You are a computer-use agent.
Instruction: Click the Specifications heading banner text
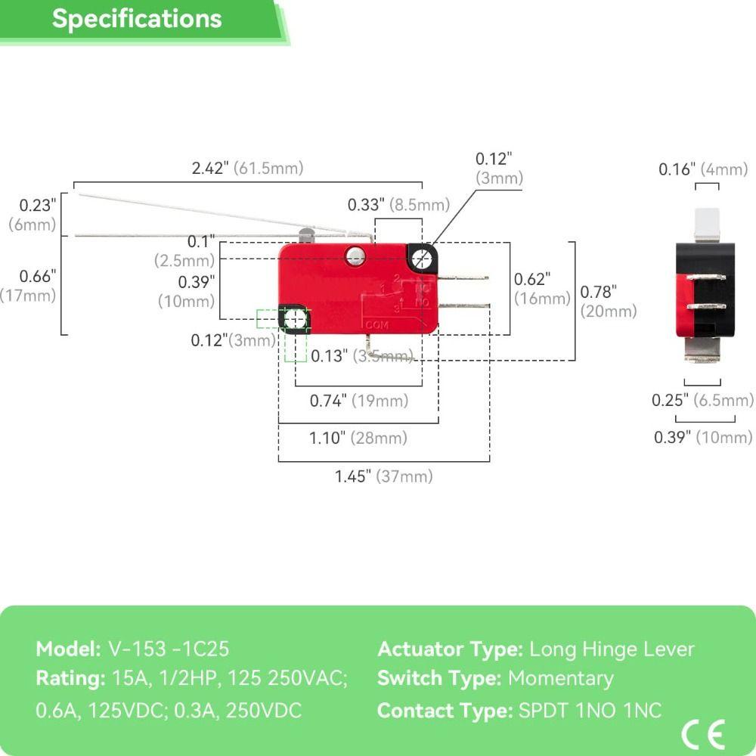[x=137, y=20]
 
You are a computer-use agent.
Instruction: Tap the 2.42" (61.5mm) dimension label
[x=247, y=168]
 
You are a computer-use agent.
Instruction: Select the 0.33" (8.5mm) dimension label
[x=398, y=204]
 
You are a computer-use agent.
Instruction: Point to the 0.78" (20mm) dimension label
[x=609, y=302]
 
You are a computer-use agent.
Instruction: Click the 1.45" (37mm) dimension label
[x=384, y=476]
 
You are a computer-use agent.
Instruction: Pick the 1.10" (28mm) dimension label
[x=358, y=438]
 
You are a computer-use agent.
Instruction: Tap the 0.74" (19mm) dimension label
[x=359, y=400]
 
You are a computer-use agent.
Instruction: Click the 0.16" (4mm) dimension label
[x=703, y=169]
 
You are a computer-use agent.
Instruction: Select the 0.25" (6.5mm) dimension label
[x=702, y=400]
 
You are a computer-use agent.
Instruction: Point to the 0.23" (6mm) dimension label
[x=33, y=215]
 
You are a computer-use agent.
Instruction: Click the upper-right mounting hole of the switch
[x=423, y=259]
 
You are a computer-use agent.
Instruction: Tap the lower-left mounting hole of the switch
[x=294, y=319]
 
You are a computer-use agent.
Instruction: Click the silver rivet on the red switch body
[x=355, y=255]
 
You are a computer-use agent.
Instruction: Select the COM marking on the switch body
[x=377, y=325]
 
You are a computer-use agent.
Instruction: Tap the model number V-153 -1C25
[x=169, y=649]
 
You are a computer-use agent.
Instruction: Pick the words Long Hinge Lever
[x=612, y=649]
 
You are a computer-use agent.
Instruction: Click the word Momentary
[x=561, y=679]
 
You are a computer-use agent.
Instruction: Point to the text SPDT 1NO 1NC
[x=590, y=710]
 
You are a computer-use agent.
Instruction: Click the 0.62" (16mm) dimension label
[x=542, y=288]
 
